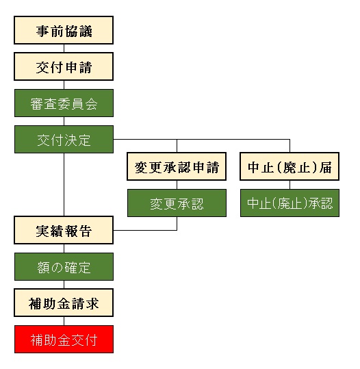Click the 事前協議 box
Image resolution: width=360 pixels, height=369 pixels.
pos(64,31)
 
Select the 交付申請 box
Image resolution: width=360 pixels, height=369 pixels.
pos(64,67)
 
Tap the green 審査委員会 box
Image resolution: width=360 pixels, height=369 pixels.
pos(64,103)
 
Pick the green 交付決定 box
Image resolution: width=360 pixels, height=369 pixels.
pos(64,140)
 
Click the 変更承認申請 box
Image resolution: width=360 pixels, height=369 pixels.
pos(177,167)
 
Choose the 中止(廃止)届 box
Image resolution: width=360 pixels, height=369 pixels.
pos(290,167)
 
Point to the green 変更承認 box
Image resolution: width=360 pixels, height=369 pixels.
pos(177,203)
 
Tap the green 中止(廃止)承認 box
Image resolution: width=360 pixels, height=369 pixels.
pos(290,203)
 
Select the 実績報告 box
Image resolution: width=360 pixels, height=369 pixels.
pos(64,230)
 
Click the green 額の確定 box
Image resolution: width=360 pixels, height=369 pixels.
pos(64,267)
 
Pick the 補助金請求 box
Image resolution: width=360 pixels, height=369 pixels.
pos(64,303)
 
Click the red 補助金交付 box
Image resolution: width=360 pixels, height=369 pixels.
pos(64,339)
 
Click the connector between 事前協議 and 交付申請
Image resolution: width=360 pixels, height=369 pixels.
pos(64,49)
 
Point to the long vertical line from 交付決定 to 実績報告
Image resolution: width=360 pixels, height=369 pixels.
pos(64,185)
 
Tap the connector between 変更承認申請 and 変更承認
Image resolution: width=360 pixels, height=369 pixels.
pos(177,186)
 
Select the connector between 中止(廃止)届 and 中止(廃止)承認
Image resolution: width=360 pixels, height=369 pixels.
pos(290,186)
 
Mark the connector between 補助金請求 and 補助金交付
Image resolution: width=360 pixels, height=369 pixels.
pos(64,321)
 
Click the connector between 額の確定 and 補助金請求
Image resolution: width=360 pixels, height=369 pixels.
pos(64,285)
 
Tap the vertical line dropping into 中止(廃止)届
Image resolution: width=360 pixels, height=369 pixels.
pos(290,146)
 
